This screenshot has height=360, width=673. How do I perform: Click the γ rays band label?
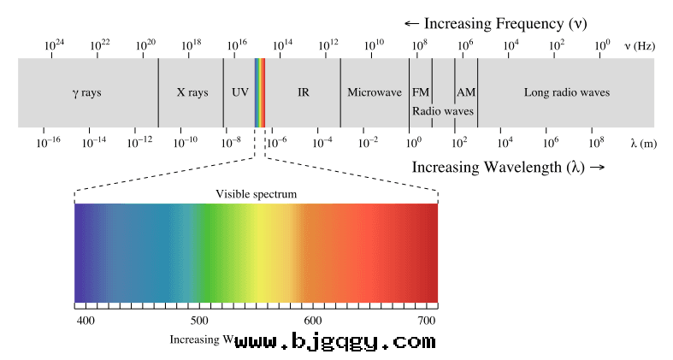coord(86,92)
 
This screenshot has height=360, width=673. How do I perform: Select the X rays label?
coord(192,92)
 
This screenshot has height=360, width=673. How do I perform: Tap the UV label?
coord(239,92)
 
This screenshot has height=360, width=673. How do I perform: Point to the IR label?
coord(303,92)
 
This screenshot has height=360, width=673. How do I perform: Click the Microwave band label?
coord(374,92)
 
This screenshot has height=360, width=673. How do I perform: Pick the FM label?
coord(420,92)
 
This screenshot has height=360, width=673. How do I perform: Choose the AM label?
coord(466,92)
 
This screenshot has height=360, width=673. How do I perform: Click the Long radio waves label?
coord(566,92)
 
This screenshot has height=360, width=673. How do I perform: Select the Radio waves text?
coord(442,111)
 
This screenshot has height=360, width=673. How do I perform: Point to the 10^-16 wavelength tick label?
coord(49,142)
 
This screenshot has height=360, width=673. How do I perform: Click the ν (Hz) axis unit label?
coord(640,45)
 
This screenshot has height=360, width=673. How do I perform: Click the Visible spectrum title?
coord(256,194)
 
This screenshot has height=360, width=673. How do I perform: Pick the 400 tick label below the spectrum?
coord(86,320)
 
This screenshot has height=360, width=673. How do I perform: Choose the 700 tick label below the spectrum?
coord(427,320)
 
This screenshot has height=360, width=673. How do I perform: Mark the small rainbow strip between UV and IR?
coord(260,92)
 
